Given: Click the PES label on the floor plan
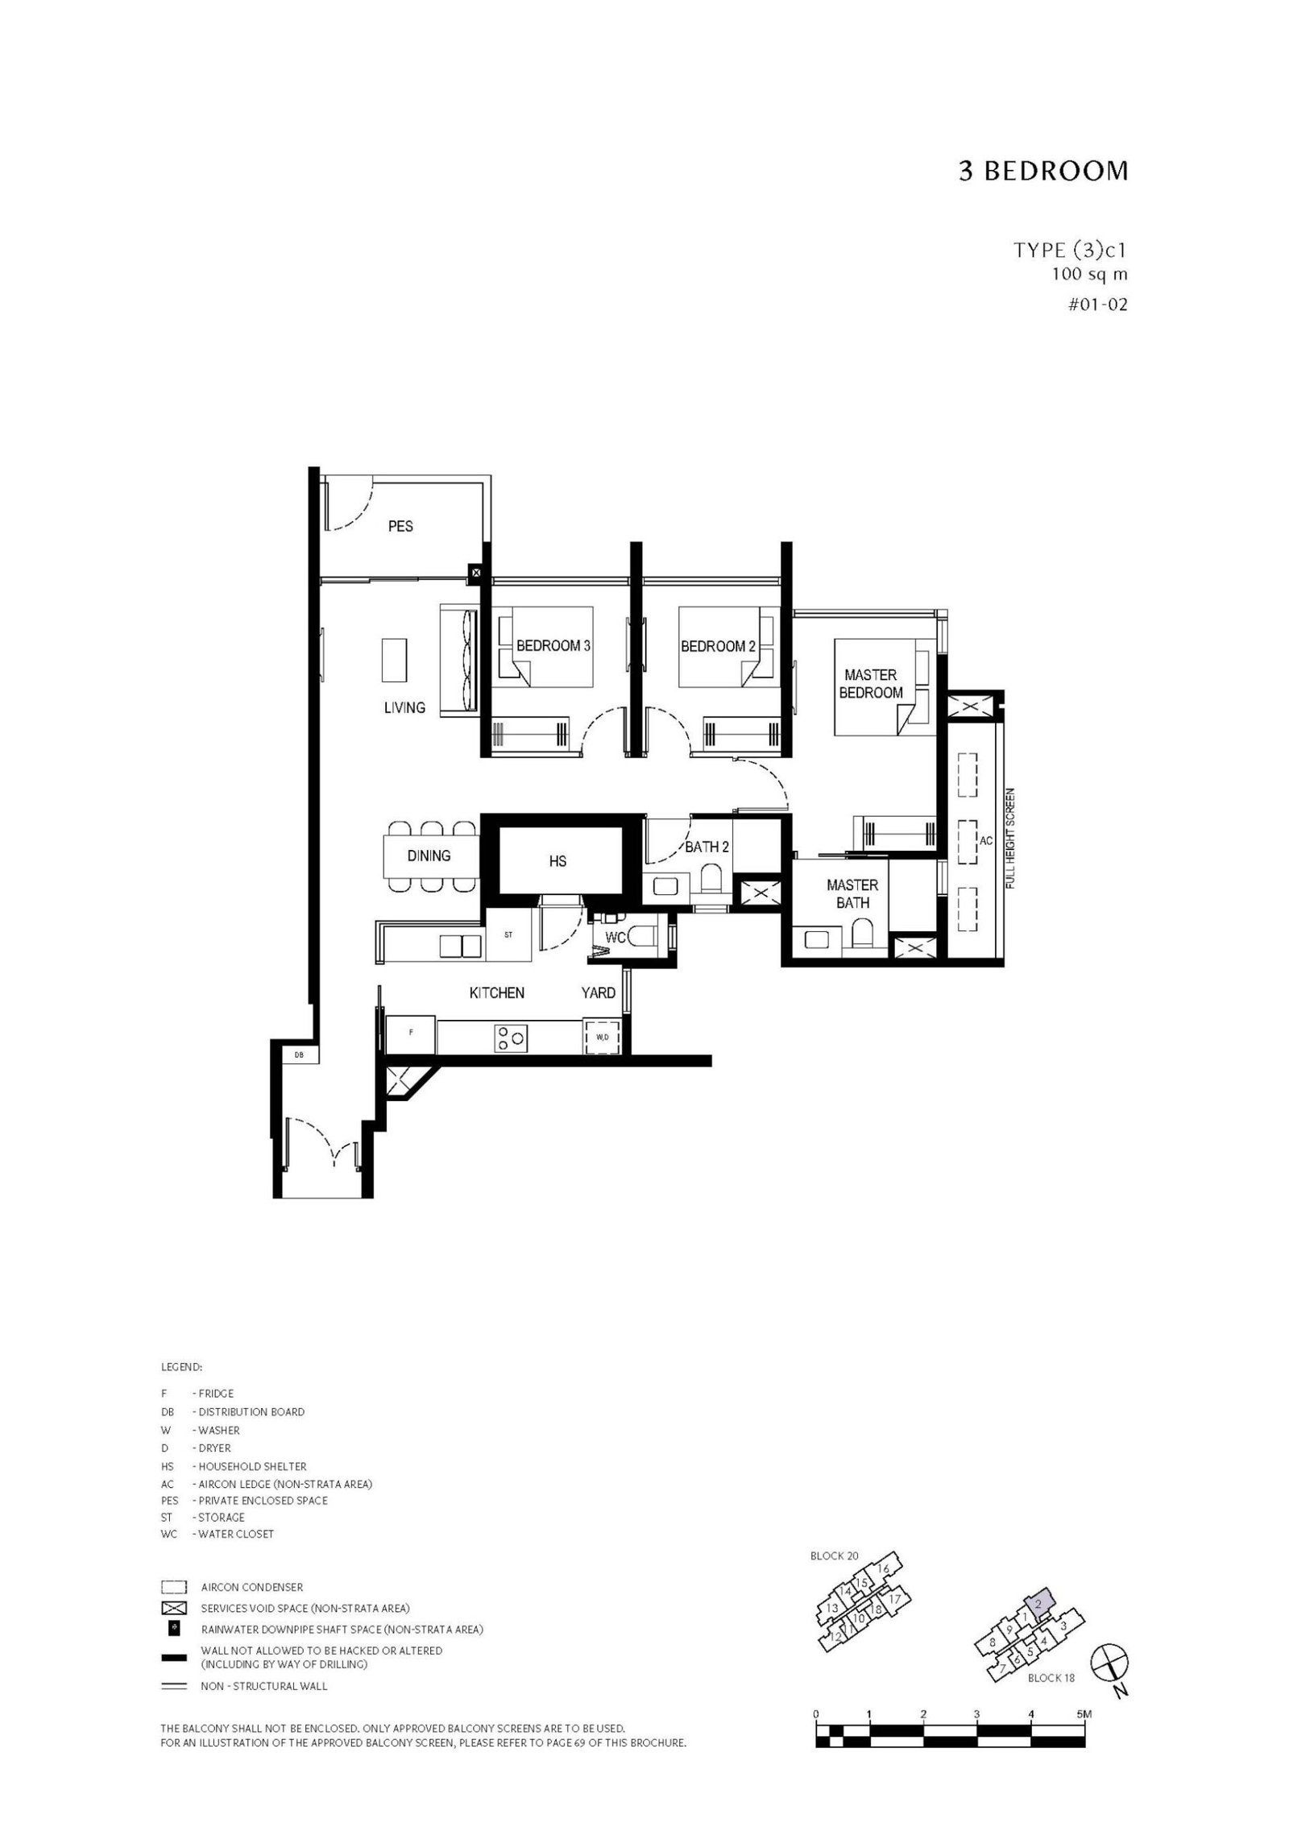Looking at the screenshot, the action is pyautogui.click(x=400, y=526).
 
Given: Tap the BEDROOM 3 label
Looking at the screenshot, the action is pyautogui.click(x=553, y=646).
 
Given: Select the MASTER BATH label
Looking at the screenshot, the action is pyautogui.click(x=852, y=894).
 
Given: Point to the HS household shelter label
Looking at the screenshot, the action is pyautogui.click(x=557, y=861).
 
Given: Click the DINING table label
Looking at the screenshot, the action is pyautogui.click(x=429, y=855).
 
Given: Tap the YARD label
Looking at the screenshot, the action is pyautogui.click(x=599, y=993).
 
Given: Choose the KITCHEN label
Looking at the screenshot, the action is pyautogui.click(x=497, y=993).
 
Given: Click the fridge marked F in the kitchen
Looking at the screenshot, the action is pyautogui.click(x=411, y=1035).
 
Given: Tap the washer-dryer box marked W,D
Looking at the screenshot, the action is pyautogui.click(x=602, y=1038).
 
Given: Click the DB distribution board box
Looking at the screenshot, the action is pyautogui.click(x=299, y=1054).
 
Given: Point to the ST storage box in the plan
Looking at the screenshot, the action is pyautogui.click(x=508, y=935).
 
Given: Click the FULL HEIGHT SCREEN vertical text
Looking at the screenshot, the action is pyautogui.click(x=1011, y=838).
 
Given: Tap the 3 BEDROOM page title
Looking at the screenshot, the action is pyautogui.click(x=1043, y=172).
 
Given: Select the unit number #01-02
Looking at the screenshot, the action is pyautogui.click(x=1097, y=305).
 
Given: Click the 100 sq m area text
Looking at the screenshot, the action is pyautogui.click(x=1089, y=274).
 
